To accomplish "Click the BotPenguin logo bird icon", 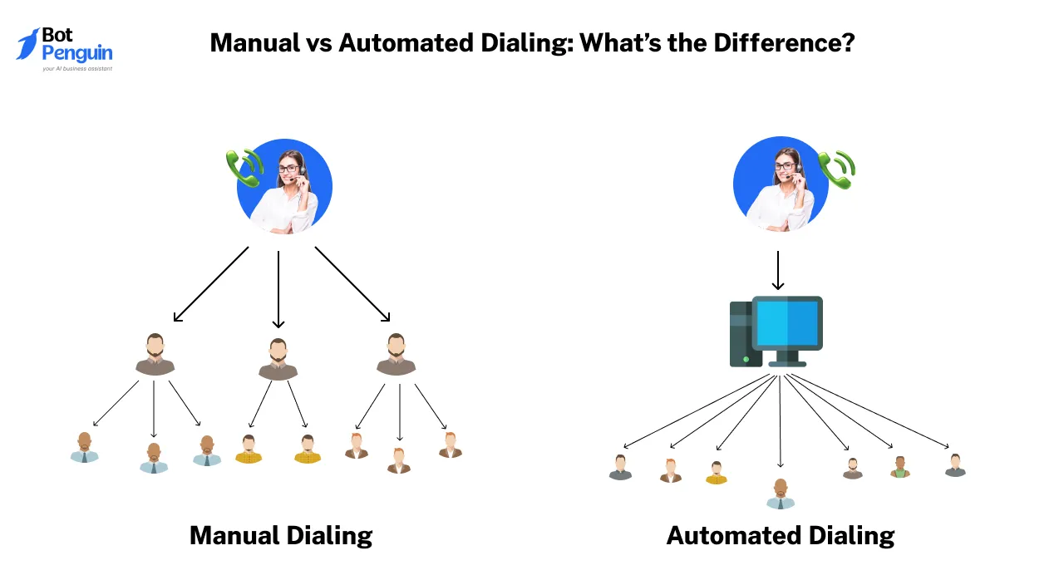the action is [x=27, y=44].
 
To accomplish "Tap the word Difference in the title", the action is [x=784, y=42].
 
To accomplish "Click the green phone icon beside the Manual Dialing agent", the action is [x=244, y=168].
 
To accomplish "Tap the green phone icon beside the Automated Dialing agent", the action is [x=837, y=170].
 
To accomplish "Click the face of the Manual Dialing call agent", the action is [x=289, y=168].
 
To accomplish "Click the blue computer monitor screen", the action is [x=787, y=323].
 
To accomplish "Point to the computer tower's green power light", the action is [x=746, y=360].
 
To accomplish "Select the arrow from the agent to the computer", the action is [x=778, y=270].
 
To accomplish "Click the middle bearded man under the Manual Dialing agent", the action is [x=278, y=359].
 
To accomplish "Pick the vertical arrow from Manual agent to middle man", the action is [x=278, y=289].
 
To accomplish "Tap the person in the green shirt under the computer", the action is [x=899, y=467].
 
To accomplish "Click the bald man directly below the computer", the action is [x=781, y=494].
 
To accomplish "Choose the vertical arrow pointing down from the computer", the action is [x=780, y=420].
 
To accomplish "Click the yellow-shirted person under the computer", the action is [x=717, y=473].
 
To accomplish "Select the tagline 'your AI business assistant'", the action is [x=77, y=69].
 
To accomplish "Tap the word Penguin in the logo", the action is [x=77, y=53].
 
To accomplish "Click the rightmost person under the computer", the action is [x=955, y=465].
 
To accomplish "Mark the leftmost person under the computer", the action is [x=620, y=468].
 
